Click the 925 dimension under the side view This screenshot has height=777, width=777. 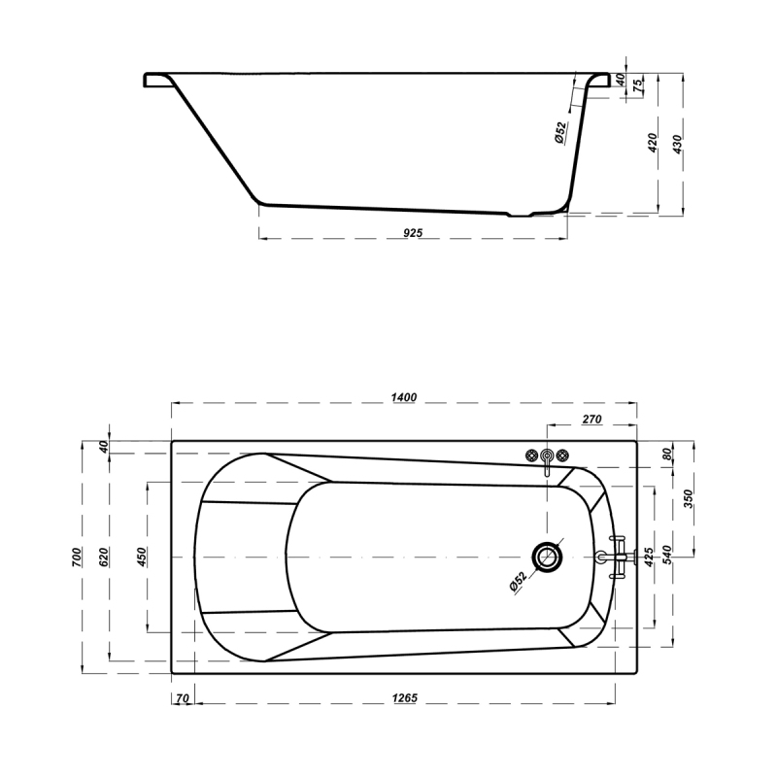(413, 232)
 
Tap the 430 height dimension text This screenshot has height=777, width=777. (677, 144)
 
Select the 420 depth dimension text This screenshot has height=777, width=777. (653, 143)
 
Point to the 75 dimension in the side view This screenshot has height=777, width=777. (639, 83)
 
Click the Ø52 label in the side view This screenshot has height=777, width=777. (560, 132)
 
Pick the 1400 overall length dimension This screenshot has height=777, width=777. (404, 397)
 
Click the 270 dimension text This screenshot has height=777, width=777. (591, 420)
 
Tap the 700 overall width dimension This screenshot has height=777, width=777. (77, 557)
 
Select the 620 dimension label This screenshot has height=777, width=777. (104, 557)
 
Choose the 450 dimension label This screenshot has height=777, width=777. (142, 557)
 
